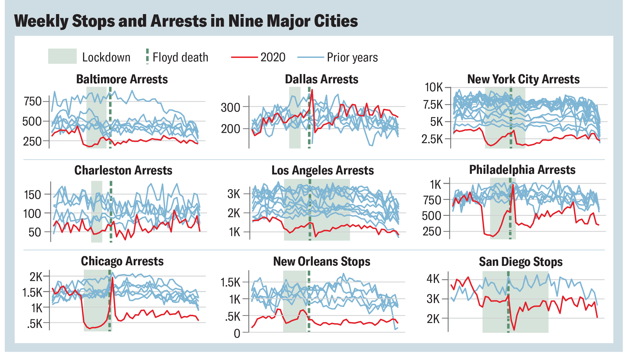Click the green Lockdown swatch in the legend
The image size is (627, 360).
[x=62, y=56]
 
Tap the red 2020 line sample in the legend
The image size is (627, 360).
[x=244, y=57]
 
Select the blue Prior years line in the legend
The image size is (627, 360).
[x=310, y=57]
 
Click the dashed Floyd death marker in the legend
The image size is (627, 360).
[x=147, y=56]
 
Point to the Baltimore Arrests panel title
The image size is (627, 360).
[x=122, y=79]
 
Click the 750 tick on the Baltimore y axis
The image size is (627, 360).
[x=33, y=101]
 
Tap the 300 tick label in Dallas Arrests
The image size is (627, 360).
[x=230, y=107]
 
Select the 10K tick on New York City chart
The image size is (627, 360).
[x=433, y=87]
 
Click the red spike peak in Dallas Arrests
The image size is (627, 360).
[x=312, y=90]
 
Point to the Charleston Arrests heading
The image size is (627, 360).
[x=123, y=170]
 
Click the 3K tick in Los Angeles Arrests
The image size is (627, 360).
[x=234, y=194]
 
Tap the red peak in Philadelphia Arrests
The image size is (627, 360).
[x=513, y=185]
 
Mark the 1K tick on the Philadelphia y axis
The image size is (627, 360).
[x=436, y=184]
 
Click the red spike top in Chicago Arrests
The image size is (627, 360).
[x=112, y=278]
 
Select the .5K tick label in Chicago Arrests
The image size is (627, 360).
[x=35, y=324]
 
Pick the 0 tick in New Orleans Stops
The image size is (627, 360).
[x=237, y=333]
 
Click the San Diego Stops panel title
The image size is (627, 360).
[x=521, y=262]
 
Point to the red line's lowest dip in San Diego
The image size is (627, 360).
[x=514, y=330]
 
